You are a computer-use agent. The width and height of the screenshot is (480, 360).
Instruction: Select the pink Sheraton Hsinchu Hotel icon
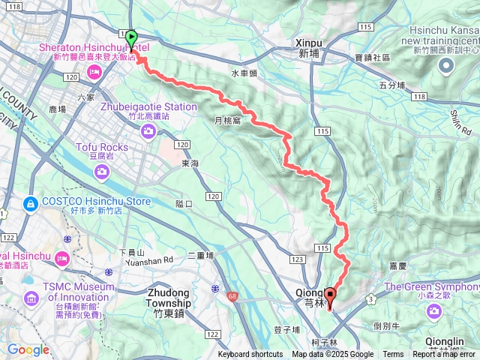point(95,72)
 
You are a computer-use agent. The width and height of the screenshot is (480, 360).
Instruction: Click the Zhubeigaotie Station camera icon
point(148,132)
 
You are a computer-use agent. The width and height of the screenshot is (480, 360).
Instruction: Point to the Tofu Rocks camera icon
point(101,173)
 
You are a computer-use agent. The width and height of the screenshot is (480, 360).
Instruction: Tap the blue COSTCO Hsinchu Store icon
point(31,202)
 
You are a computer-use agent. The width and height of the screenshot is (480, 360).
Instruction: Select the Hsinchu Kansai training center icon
point(445,68)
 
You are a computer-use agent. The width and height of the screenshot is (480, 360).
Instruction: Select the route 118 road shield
point(418,97)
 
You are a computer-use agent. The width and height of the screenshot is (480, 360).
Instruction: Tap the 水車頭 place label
point(244,73)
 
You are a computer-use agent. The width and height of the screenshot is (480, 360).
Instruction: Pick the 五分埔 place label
point(393,85)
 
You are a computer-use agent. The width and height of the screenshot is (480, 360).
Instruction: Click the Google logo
point(28,349)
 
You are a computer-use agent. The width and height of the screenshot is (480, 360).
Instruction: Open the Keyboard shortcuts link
point(250,355)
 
